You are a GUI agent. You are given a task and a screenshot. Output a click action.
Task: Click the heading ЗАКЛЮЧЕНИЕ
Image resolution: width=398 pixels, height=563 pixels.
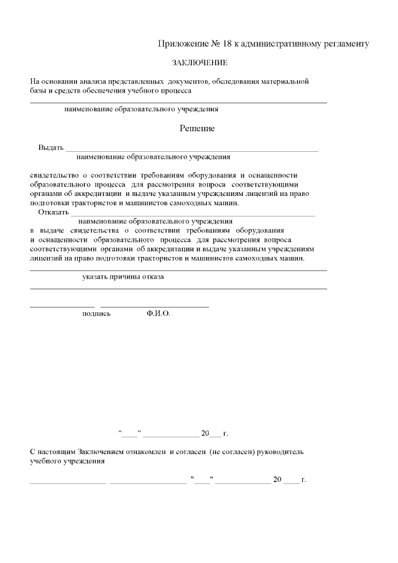200,63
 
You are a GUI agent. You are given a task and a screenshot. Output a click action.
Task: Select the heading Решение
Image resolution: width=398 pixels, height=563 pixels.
197,128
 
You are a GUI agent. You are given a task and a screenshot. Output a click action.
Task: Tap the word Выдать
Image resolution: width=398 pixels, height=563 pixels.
51,147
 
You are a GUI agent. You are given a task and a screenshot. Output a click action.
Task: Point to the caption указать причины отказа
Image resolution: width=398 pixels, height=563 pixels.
123,277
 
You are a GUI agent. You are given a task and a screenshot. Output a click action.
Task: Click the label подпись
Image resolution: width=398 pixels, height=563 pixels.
96,314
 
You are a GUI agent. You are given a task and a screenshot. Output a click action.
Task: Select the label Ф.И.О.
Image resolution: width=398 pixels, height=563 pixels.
158,314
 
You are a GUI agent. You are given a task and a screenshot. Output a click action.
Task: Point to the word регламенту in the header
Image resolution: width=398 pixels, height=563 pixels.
344,44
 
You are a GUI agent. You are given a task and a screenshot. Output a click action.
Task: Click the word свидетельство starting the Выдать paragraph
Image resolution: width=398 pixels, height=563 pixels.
54,175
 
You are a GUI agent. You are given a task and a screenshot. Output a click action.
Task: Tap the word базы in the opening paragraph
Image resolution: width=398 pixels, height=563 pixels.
39,91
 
